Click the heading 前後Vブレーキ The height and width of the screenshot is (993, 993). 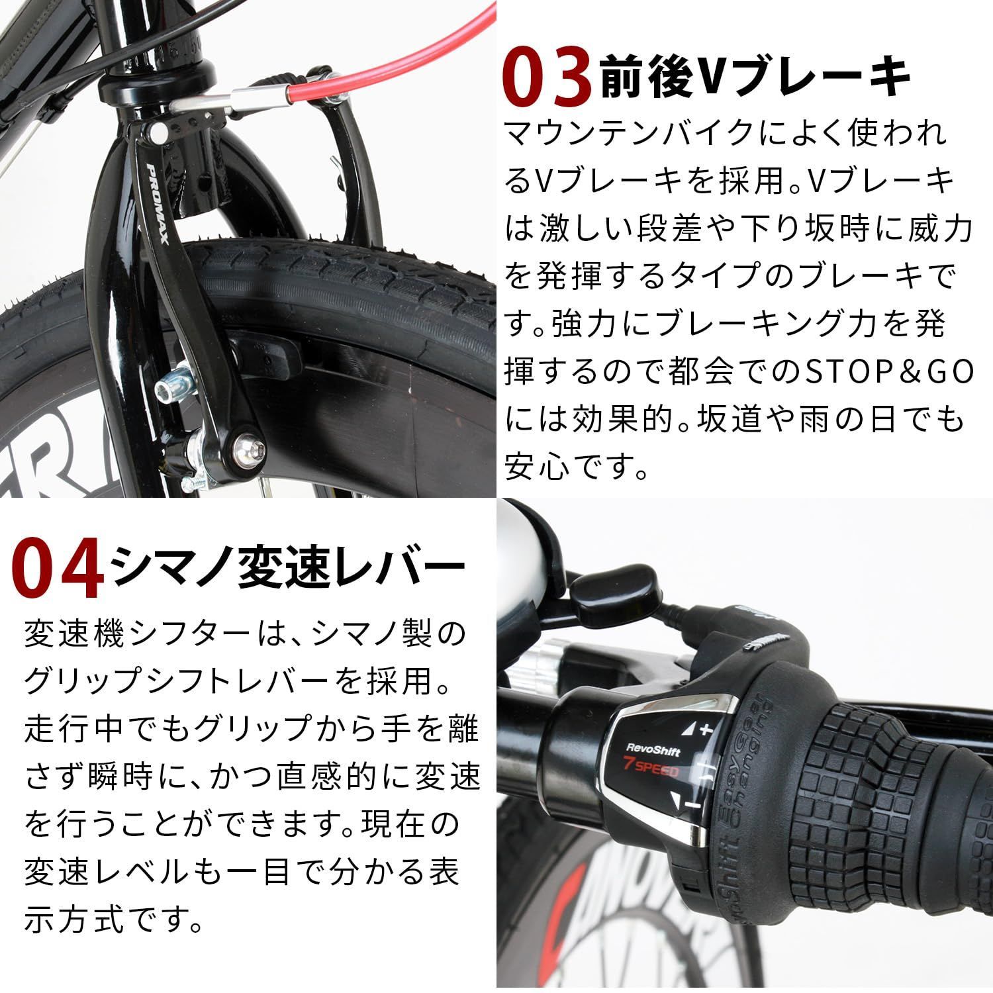755,78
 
